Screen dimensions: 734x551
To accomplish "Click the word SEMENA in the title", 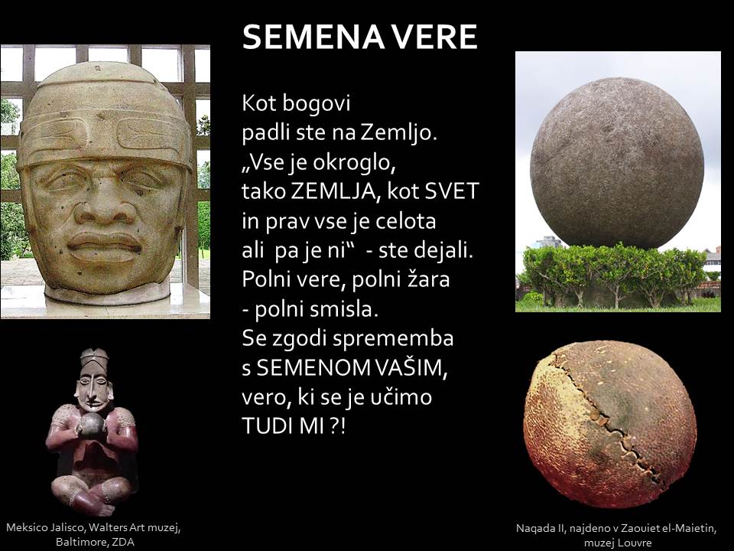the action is point(313,37).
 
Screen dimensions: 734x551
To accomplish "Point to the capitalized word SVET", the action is point(451,191).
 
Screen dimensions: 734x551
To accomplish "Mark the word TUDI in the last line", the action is point(263,426).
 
